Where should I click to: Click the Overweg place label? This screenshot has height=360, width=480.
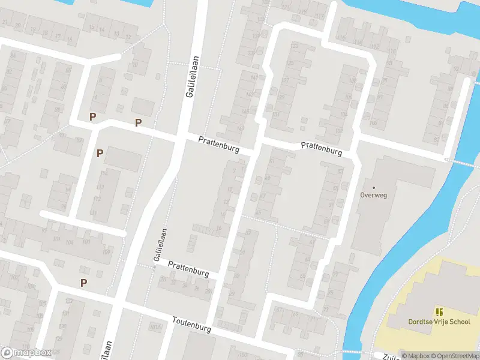coord(373,194)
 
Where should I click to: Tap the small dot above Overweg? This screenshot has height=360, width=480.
coord(373,187)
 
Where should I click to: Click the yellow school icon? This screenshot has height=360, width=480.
coord(439,312)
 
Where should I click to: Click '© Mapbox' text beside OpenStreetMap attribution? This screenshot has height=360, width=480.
coord(415,356)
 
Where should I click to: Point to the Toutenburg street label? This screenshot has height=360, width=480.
coord(193,325)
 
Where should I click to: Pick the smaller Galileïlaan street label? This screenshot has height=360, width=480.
coord(160,245)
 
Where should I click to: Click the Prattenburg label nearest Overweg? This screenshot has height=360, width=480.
coord(321,149)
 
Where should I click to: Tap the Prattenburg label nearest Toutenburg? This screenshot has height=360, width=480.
coord(188,268)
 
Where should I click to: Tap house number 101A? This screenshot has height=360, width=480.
coord(157,326)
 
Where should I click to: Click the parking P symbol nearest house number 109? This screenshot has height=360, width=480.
coord(84,283)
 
